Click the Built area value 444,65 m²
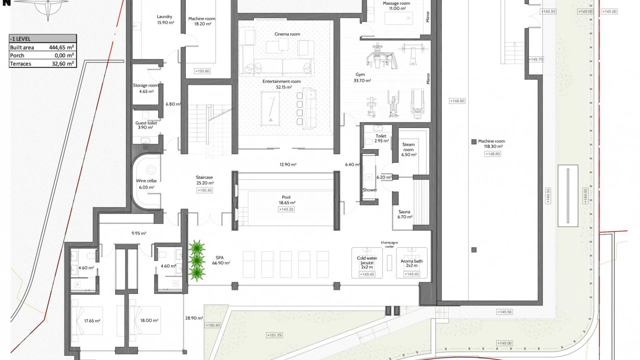point(61,47)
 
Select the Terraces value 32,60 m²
point(63,64)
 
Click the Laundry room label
point(165,17)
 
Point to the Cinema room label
point(287,34)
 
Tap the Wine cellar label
point(146,181)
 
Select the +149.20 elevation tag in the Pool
point(287,209)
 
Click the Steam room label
point(409,147)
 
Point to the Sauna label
point(404,212)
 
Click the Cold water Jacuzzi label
point(367,262)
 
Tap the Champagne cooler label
point(389,244)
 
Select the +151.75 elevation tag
point(274,335)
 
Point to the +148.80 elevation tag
point(457,101)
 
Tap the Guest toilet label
point(146,123)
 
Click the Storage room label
point(146,85)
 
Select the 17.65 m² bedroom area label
point(92,321)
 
